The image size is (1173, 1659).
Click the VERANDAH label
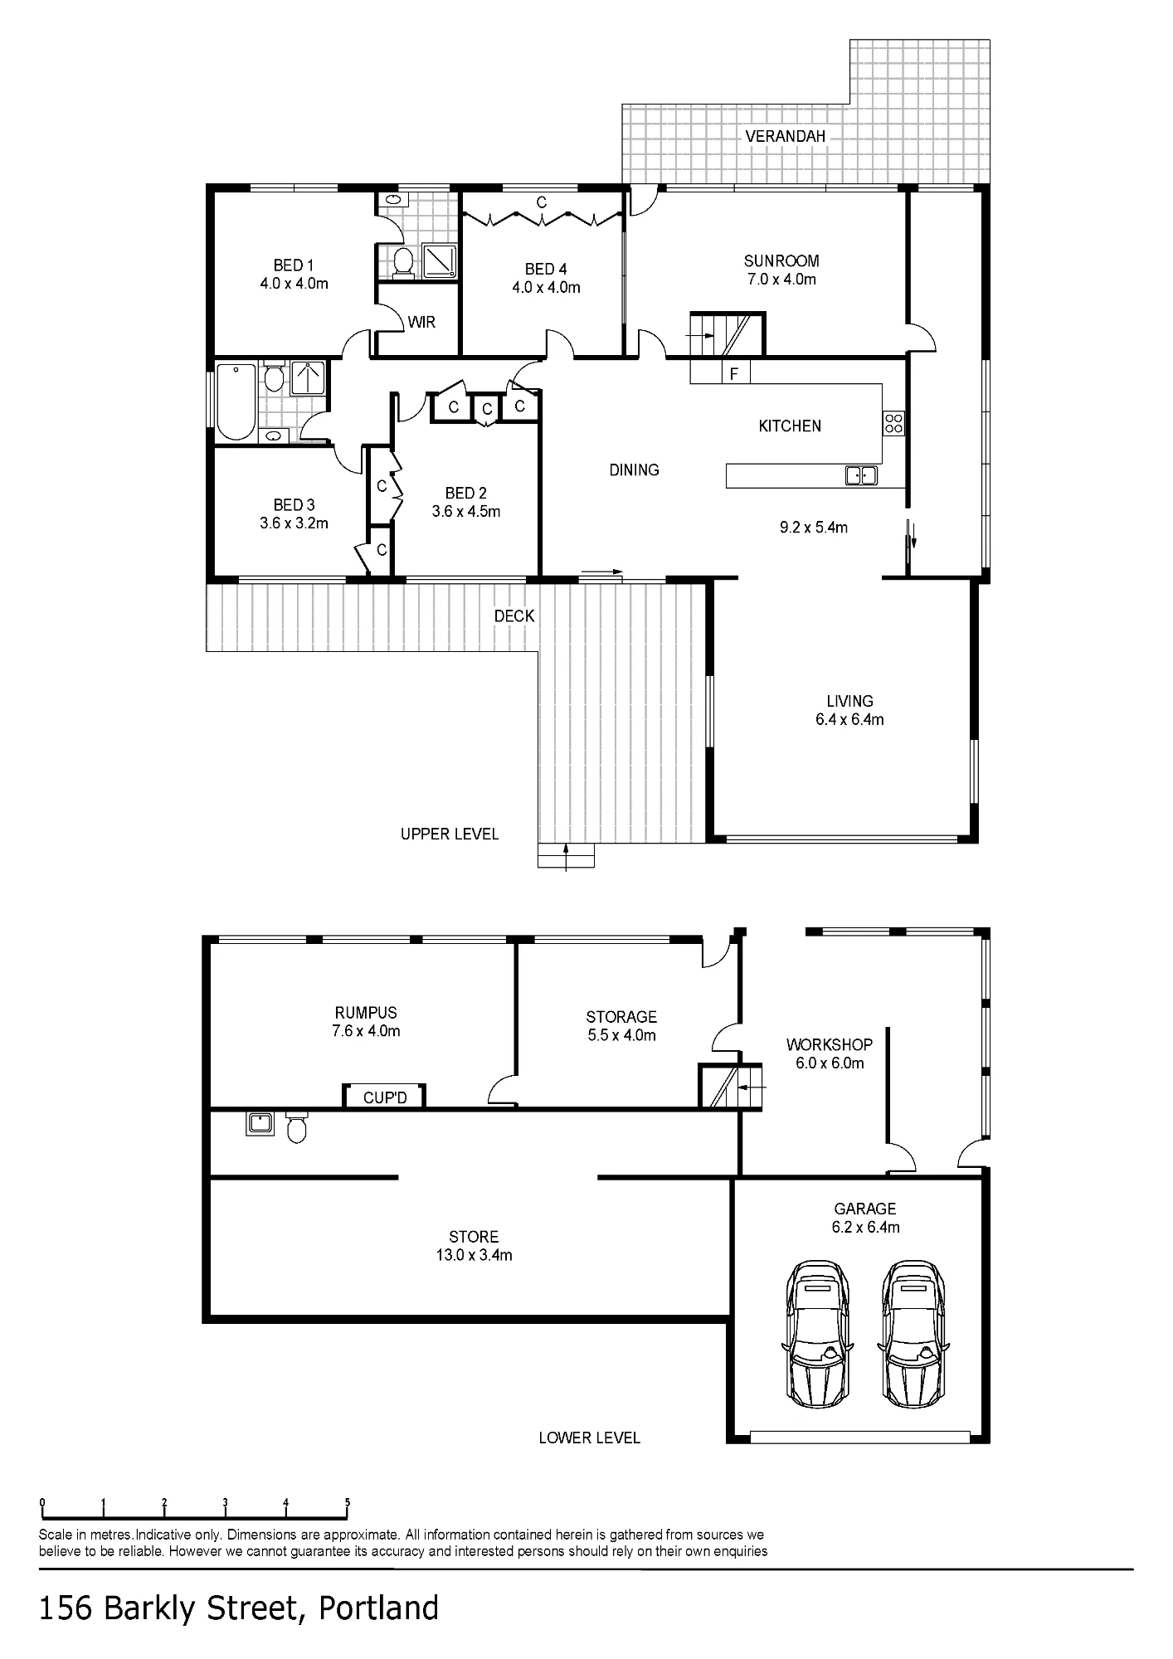[785, 136]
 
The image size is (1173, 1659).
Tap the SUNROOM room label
[781, 260]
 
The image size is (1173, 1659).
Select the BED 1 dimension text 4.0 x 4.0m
[294, 284]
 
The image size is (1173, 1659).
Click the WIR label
[421, 322]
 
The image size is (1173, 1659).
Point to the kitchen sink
[860, 475]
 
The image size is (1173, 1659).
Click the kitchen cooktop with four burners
[893, 424]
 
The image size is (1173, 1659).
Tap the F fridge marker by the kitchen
[733, 374]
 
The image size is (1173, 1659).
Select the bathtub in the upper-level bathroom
[236, 401]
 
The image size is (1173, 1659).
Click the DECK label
[514, 616]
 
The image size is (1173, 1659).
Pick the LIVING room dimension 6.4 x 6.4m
[849, 720]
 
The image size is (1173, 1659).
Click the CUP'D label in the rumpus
[385, 1097]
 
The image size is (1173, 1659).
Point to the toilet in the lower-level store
[296, 1128]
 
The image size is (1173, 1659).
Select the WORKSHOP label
[830, 1044]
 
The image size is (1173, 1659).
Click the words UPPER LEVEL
[450, 834]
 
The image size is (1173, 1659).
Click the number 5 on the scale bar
[348, 1502]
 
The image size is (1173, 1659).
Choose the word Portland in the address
[379, 1608]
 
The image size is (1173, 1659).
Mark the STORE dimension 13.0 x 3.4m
[474, 1255]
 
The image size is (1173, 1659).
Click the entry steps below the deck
[567, 855]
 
